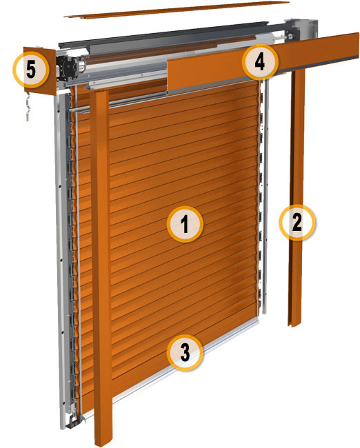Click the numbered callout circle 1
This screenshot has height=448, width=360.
point(185,224)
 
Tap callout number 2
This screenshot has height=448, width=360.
point(297,223)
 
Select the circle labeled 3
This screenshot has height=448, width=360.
point(185,353)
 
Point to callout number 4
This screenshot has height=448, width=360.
point(260,62)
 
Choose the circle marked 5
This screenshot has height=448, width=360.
point(31,70)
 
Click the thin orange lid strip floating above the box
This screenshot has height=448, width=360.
point(177,10)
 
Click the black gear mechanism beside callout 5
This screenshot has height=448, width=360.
point(66,69)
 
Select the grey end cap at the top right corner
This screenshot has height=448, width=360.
point(301,28)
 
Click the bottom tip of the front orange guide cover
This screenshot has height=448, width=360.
point(103,444)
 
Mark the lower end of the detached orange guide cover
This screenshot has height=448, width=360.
point(294,325)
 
